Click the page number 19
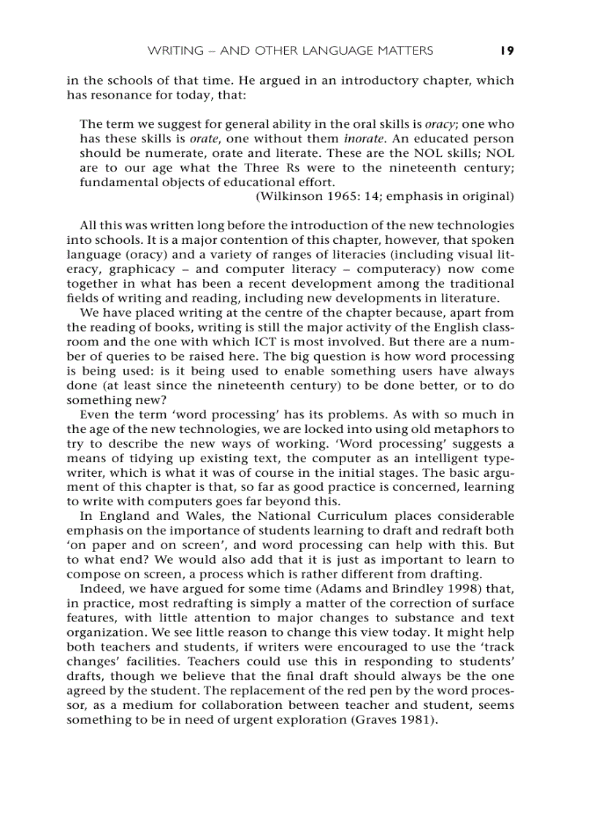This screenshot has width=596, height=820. point(507,50)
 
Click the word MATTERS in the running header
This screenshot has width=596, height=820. point(405,50)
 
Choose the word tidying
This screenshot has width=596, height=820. point(146,459)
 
